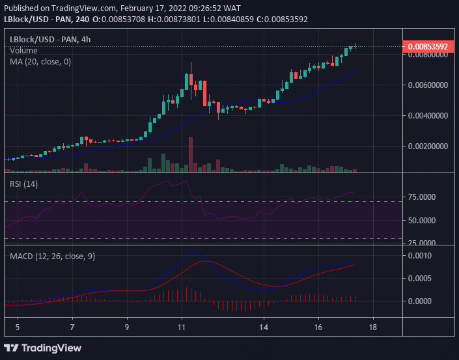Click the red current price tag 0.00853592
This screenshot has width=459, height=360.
(x=428, y=46)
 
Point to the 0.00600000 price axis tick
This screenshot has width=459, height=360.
(x=428, y=85)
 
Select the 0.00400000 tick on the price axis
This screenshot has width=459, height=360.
(x=428, y=116)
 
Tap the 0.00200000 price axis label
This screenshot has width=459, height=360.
(x=428, y=146)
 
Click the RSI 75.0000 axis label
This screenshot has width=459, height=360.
(x=422, y=197)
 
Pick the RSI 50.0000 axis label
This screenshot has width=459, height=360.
(x=422, y=221)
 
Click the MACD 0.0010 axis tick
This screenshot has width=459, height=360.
(x=420, y=255)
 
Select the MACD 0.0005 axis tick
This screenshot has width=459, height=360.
(x=420, y=279)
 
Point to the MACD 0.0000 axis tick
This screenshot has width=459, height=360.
(x=420, y=301)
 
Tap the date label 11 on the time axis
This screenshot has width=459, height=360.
(x=182, y=327)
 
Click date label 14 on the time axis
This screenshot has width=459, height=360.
(x=264, y=327)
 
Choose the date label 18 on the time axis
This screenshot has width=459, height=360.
(x=372, y=327)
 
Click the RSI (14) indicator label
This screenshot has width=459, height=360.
(x=23, y=184)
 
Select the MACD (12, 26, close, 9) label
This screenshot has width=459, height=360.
(x=52, y=256)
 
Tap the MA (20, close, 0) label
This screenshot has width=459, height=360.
(x=40, y=62)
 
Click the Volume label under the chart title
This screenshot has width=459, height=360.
(x=23, y=51)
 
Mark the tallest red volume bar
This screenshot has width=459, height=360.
(x=191, y=154)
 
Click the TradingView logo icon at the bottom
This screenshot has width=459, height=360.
(x=11, y=348)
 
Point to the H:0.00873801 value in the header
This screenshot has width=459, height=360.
(x=174, y=20)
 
